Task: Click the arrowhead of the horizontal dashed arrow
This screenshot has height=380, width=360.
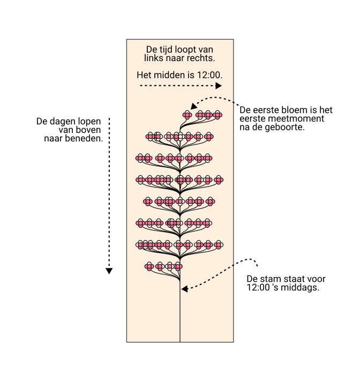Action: click(x=219, y=86)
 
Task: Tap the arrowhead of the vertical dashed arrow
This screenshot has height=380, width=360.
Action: click(x=109, y=271)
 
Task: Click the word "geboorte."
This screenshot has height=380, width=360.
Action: click(x=286, y=128)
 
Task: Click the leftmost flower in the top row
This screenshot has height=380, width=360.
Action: click(x=187, y=115)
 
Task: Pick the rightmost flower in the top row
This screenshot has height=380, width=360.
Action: click(x=218, y=115)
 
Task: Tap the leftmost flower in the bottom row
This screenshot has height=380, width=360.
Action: click(x=149, y=266)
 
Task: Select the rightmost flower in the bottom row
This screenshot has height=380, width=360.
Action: click(x=179, y=266)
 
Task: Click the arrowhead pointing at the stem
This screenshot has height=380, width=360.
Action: click(x=184, y=289)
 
